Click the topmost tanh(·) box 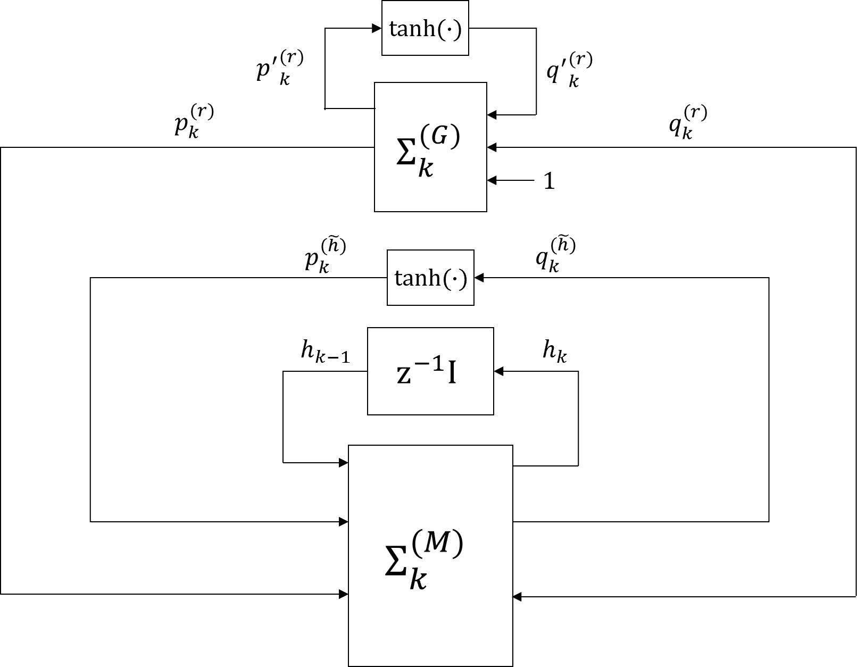(425, 28)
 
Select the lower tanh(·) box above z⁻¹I (430, 278)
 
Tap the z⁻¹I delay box (430, 371)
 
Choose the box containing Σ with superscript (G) (430, 147)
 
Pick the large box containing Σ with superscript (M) (430, 555)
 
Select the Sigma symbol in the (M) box (396, 566)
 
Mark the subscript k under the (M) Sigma (418, 580)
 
